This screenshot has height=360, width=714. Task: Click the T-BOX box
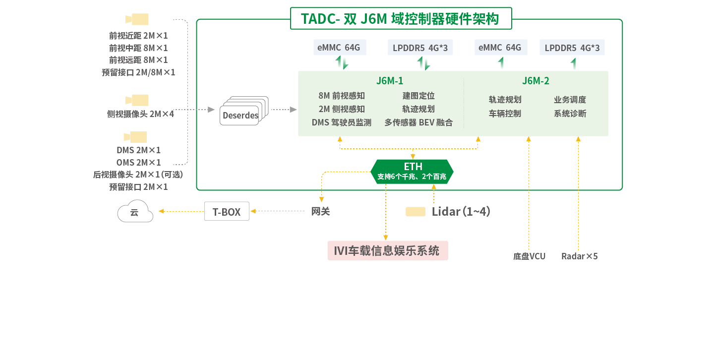click(x=227, y=212)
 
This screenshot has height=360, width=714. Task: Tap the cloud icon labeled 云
click(x=135, y=212)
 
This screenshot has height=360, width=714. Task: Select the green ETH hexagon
click(x=412, y=172)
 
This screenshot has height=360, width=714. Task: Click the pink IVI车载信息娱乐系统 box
click(x=387, y=251)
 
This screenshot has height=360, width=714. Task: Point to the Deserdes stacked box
click(x=241, y=115)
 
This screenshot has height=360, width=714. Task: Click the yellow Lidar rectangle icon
click(x=416, y=212)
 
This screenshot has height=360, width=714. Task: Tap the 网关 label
click(x=320, y=212)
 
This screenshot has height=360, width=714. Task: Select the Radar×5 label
click(x=579, y=256)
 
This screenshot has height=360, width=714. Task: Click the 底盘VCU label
click(x=529, y=256)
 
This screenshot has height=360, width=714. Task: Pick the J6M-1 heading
click(x=390, y=81)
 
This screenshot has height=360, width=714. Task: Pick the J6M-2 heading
click(x=535, y=81)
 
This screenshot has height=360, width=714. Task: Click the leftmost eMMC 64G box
click(x=340, y=48)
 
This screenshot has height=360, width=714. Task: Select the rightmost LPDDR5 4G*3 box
click(x=572, y=48)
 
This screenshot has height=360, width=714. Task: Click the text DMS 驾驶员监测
click(x=342, y=122)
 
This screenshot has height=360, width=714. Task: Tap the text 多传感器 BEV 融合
click(x=418, y=122)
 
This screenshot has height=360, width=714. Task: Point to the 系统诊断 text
click(x=570, y=114)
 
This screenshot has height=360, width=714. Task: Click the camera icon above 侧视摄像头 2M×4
click(x=137, y=100)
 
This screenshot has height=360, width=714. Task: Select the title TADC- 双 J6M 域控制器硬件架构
click(x=400, y=19)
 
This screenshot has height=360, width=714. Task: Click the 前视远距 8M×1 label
click(x=138, y=60)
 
